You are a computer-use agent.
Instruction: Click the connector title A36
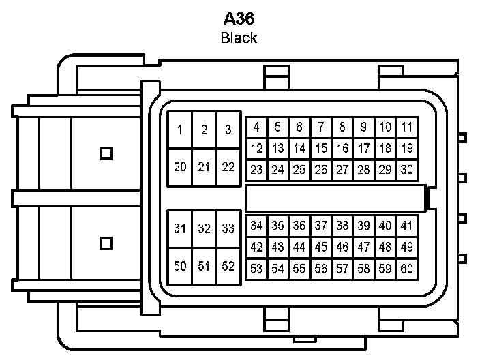[239, 18]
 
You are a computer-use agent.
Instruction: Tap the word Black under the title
[239, 37]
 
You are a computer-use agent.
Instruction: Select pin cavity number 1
[179, 130]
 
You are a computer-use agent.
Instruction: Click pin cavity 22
[228, 167]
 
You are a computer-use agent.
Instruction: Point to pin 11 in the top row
[407, 127]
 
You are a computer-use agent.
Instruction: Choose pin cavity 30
[407, 169]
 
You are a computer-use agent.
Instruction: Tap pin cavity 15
[321, 148]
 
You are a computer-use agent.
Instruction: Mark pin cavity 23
[256, 169]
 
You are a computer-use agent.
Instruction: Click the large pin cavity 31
[179, 228]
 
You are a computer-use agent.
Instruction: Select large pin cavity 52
[228, 266]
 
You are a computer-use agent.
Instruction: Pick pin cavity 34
[256, 226]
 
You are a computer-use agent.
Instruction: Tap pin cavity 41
[407, 226]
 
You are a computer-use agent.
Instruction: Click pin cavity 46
[342, 247]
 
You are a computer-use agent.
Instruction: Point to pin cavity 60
[407, 269]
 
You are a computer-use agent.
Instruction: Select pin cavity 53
[256, 269]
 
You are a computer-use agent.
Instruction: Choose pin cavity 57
[342, 269]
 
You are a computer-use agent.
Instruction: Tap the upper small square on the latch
[106, 153]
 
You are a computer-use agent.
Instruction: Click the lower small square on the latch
[106, 242]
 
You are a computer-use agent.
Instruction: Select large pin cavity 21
[203, 167]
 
